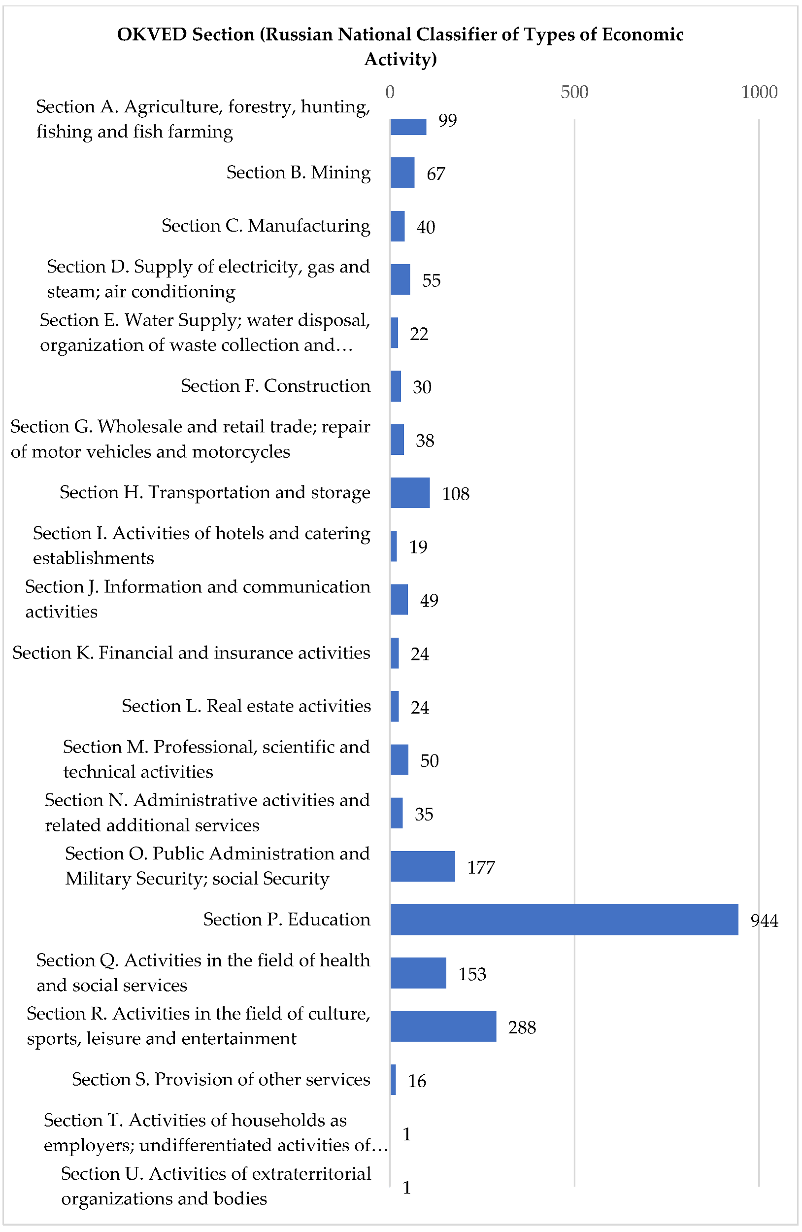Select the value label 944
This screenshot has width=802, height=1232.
[764, 921]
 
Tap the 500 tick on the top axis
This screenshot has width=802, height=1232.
[574, 92]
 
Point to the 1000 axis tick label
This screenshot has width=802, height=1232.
[759, 92]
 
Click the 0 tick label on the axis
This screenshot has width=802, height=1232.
[390, 92]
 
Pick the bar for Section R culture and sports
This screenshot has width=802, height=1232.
[443, 1026]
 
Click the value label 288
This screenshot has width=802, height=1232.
[522, 1027]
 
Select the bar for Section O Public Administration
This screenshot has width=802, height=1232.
[422, 866]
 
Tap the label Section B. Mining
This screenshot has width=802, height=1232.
[298, 172]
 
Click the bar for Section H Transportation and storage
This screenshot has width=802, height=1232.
[409, 492]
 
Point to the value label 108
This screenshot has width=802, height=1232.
[455, 494]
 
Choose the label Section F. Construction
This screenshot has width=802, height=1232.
[275, 386]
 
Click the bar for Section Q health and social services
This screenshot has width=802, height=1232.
[418, 973]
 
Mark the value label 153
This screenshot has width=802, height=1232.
[472, 974]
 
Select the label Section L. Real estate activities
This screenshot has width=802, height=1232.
[246, 706]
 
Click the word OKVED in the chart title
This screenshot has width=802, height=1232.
[152, 34]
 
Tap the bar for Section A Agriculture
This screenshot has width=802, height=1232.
[408, 127]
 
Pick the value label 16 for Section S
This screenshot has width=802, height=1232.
[417, 1080]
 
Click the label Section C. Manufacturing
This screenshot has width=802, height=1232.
[266, 226]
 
